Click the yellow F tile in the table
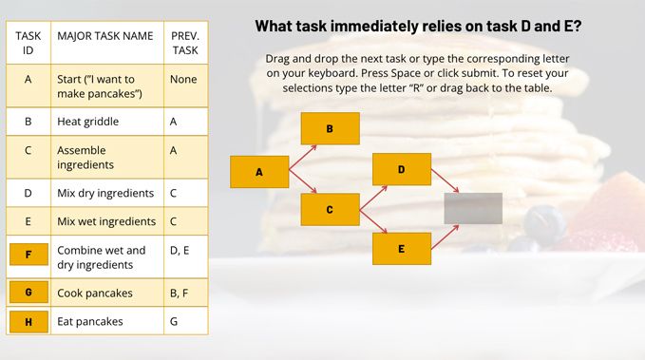28,255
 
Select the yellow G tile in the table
28,293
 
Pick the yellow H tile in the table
28,321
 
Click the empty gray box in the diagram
473,208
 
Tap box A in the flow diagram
259,172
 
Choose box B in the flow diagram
331,128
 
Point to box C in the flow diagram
331,209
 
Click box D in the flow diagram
402,169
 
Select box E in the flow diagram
402,249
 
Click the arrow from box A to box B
303,157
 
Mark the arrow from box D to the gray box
446,180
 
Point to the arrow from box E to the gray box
446,237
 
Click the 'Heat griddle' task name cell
107,122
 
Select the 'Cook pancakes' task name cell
107,293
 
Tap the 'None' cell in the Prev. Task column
186,85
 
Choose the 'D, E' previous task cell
186,256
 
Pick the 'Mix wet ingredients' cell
107,221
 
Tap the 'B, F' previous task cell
186,293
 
